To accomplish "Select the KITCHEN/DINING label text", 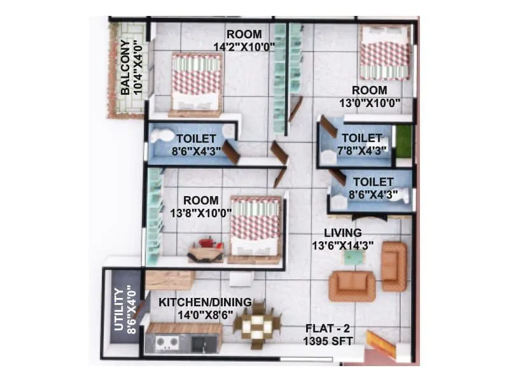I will pyautogui.click(x=205, y=302).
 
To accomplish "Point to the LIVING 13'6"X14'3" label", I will pyautogui.click(x=342, y=238).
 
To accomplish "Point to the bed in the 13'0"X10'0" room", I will pyautogui.click(x=384, y=53).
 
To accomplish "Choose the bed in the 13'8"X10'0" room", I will pyautogui.click(x=255, y=228).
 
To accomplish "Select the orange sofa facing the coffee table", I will pyautogui.click(x=351, y=285).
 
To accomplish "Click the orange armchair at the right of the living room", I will pyautogui.click(x=394, y=265).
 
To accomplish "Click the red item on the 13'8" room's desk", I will pyautogui.click(x=207, y=242).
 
